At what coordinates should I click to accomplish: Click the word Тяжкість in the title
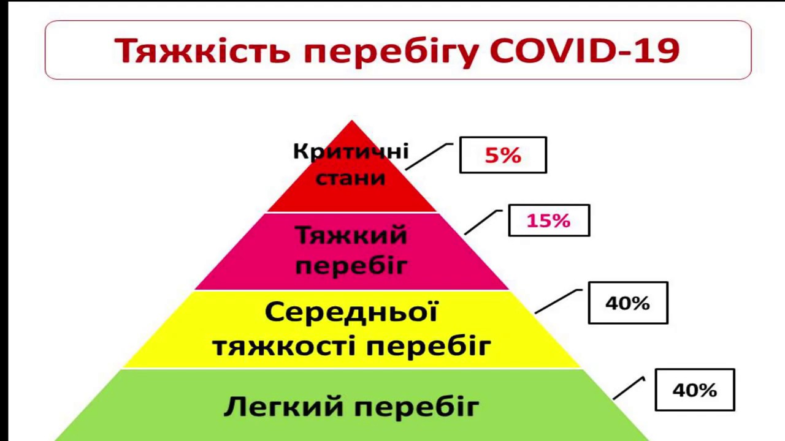[x=202, y=51]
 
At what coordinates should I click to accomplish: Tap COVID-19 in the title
[x=584, y=50]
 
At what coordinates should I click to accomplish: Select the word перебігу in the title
[x=390, y=53]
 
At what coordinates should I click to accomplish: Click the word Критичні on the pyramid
[x=351, y=152]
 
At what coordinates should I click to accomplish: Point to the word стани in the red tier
[x=350, y=178]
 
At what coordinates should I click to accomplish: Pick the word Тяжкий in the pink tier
[x=351, y=236]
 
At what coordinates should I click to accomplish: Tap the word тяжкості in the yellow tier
[x=281, y=346]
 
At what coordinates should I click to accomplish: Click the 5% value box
[x=503, y=155]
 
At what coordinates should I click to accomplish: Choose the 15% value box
[x=549, y=221]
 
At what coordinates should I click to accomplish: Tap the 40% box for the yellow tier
[x=628, y=303]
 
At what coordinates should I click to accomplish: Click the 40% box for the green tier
[x=695, y=390]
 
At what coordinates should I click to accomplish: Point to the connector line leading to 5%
[x=429, y=156]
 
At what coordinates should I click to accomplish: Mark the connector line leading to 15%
[x=483, y=222]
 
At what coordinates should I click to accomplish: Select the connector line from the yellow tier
[x=558, y=301]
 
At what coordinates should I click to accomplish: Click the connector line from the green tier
[x=629, y=388]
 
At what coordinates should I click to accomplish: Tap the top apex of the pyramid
[x=352, y=121]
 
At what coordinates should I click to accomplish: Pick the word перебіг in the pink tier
[x=351, y=266]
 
